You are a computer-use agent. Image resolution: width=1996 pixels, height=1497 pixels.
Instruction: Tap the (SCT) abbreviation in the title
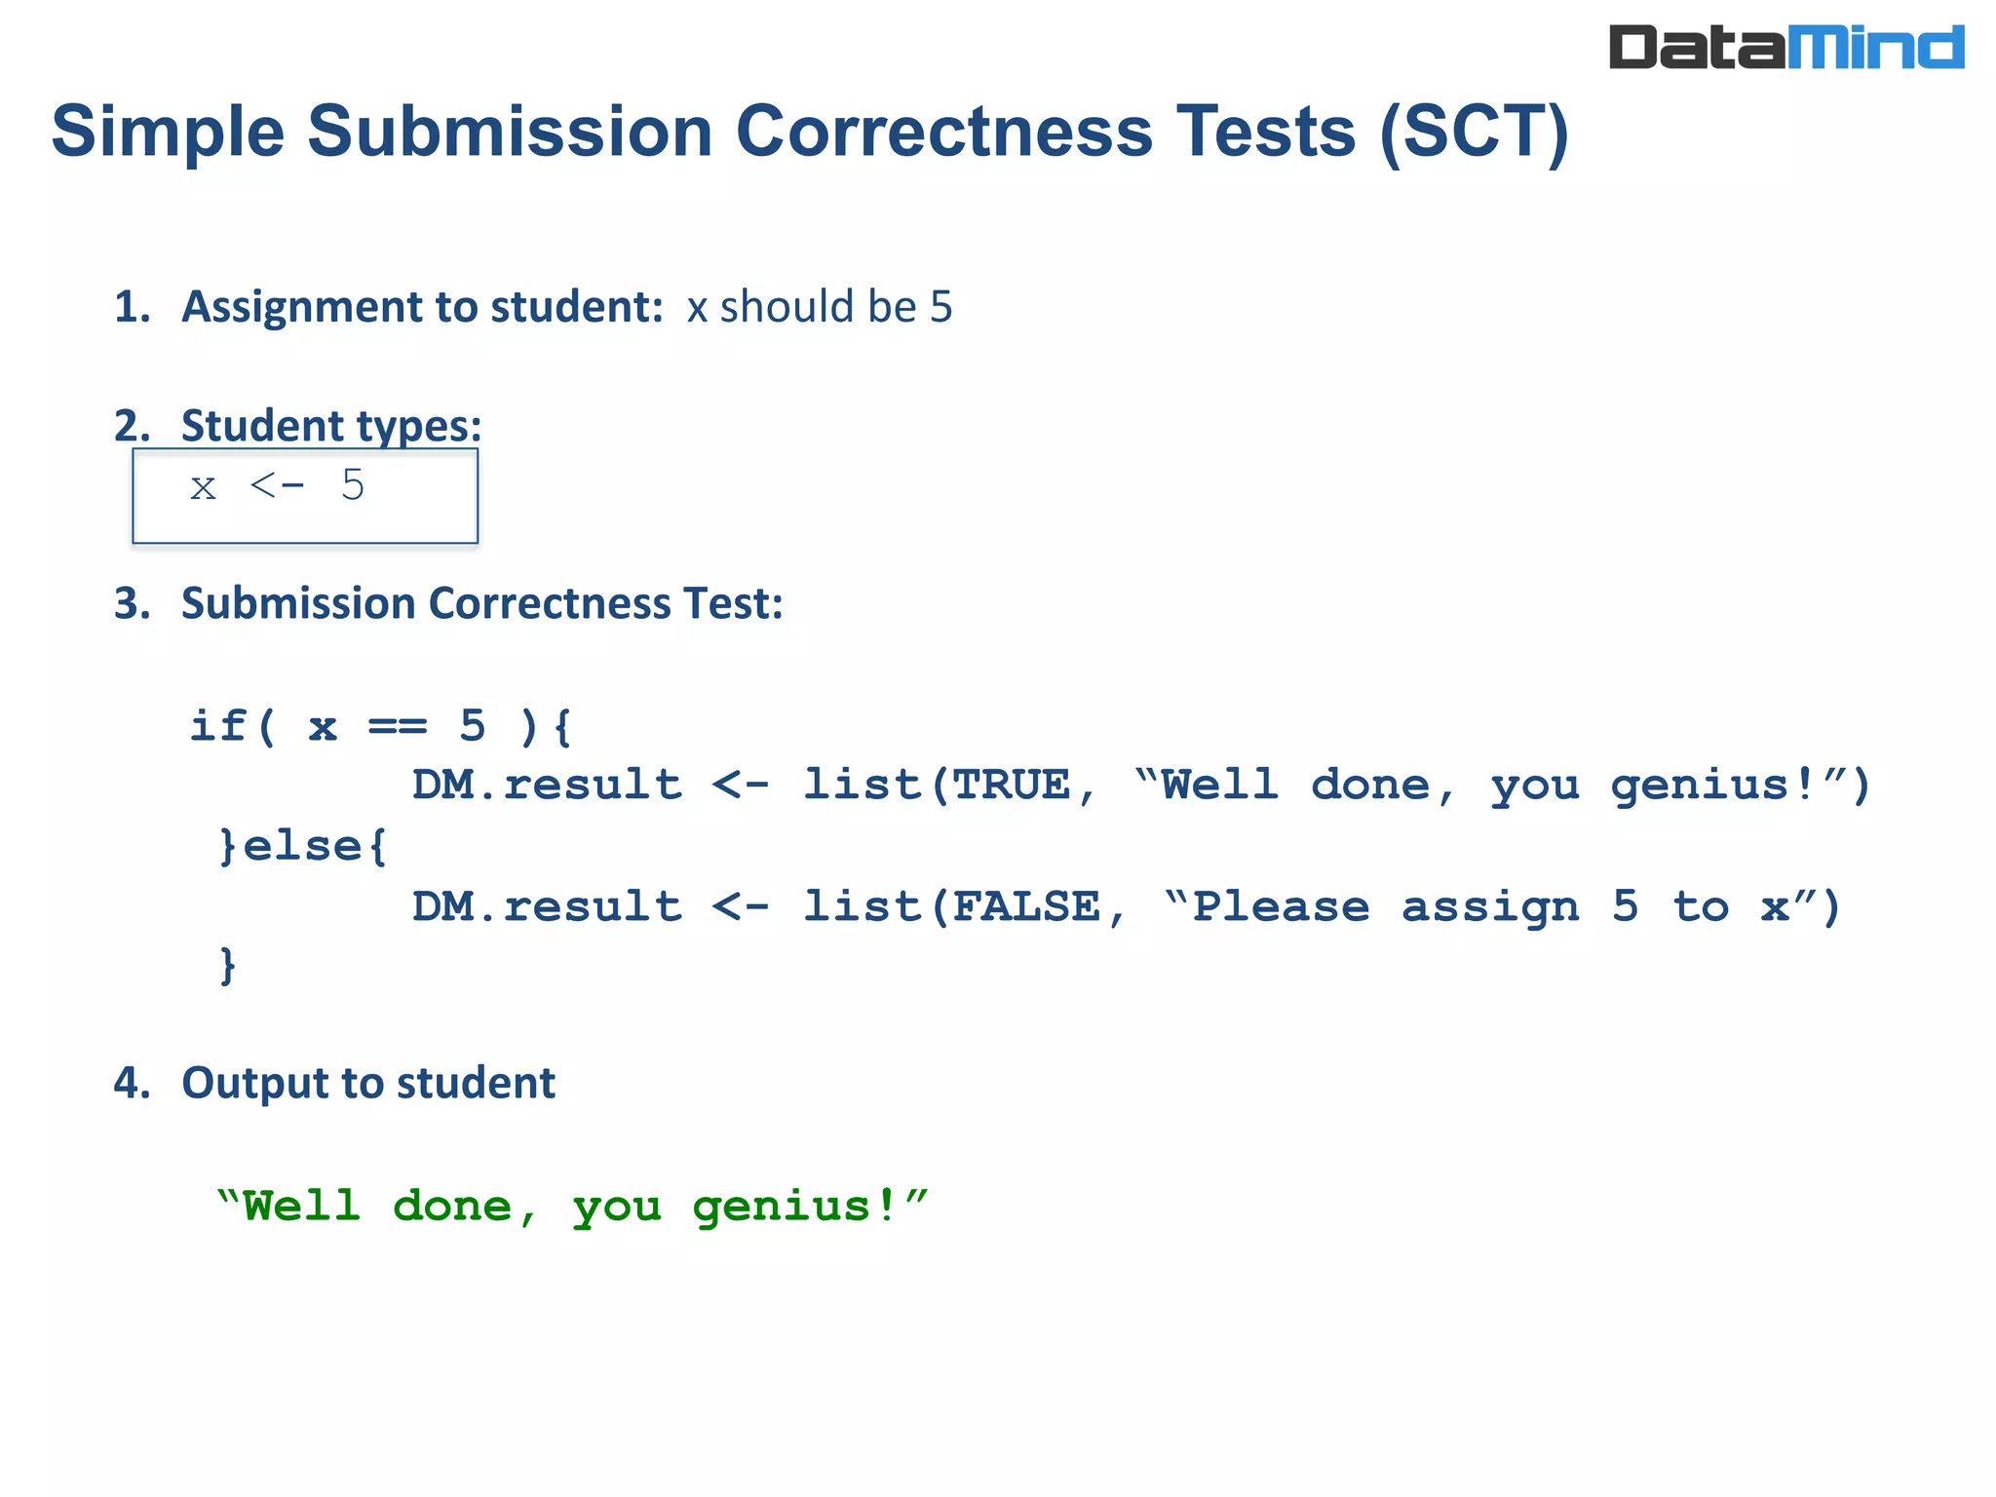point(1474,133)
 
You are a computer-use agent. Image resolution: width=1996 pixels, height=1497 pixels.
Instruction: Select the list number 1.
point(131,308)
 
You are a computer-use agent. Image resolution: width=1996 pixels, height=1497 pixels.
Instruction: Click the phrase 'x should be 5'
point(819,308)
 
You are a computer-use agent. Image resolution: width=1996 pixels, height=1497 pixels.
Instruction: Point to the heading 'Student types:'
point(331,427)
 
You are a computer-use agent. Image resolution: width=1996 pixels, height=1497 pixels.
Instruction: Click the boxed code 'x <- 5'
point(278,486)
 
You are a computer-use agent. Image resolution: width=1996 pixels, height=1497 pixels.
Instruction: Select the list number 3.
point(131,604)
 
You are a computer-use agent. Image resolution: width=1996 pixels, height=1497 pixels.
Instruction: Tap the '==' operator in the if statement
point(398,727)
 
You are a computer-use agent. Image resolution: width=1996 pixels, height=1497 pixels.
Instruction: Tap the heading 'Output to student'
point(368,1084)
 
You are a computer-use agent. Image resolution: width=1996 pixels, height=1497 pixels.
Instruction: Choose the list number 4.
point(131,1084)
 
